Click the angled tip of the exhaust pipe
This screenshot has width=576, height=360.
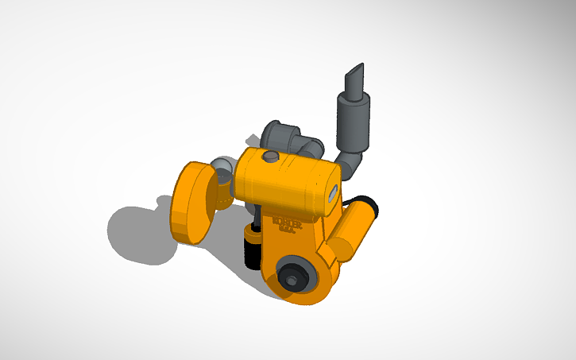(354, 79)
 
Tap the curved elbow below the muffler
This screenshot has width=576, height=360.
(350, 165)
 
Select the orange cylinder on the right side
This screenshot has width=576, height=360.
(353, 230)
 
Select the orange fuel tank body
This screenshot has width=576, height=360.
(282, 183)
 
